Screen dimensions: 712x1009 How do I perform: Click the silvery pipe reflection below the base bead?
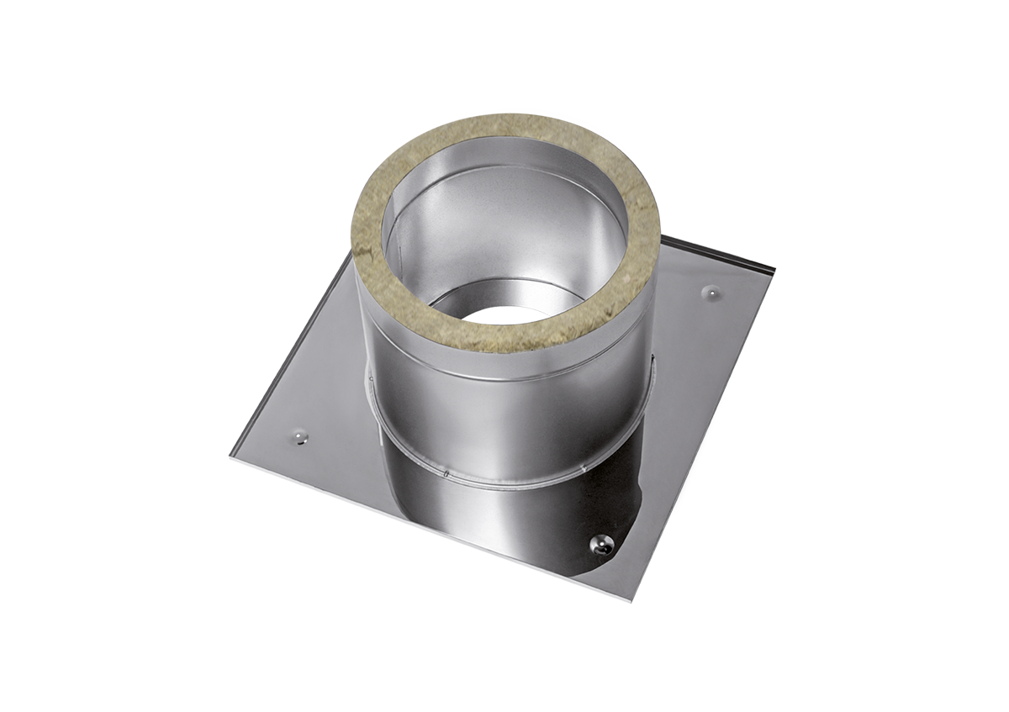coord(504,521)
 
